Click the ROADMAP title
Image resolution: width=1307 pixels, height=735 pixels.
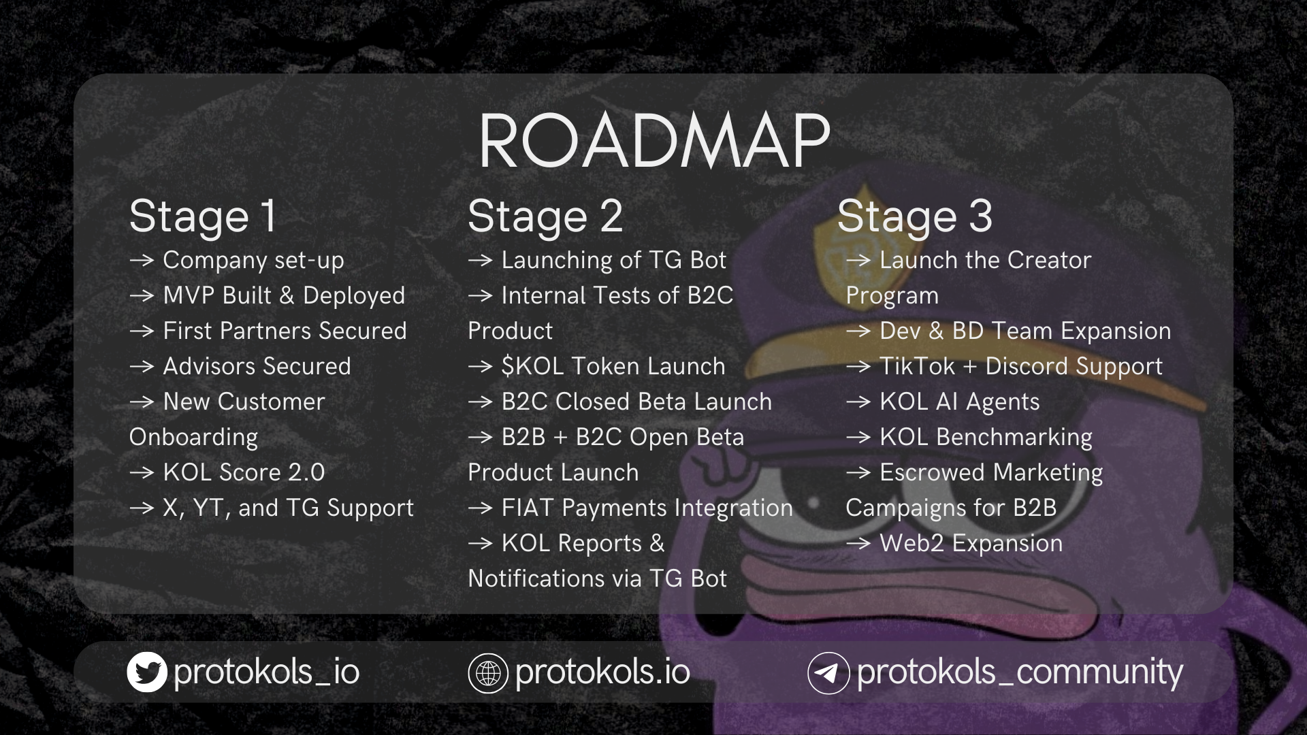click(x=654, y=141)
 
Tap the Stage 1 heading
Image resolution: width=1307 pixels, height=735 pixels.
click(x=203, y=217)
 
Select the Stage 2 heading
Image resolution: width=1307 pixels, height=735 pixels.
click(x=545, y=217)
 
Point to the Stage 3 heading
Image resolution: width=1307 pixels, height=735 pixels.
click(x=914, y=217)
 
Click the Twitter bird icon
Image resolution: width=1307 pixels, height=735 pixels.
click(x=147, y=672)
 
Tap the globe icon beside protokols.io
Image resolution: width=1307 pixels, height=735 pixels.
click(x=488, y=672)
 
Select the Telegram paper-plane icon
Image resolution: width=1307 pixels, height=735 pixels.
click(x=828, y=672)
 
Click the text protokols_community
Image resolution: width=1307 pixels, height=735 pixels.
click(x=1020, y=672)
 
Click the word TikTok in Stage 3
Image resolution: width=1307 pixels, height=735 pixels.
click(x=917, y=366)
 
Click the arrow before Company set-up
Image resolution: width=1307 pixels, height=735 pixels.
click(x=142, y=261)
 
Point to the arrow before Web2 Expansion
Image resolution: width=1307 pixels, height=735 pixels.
click(x=858, y=544)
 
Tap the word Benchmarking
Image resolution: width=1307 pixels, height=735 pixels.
click(x=1014, y=438)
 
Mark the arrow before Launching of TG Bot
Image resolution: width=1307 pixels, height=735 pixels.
click(x=480, y=261)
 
